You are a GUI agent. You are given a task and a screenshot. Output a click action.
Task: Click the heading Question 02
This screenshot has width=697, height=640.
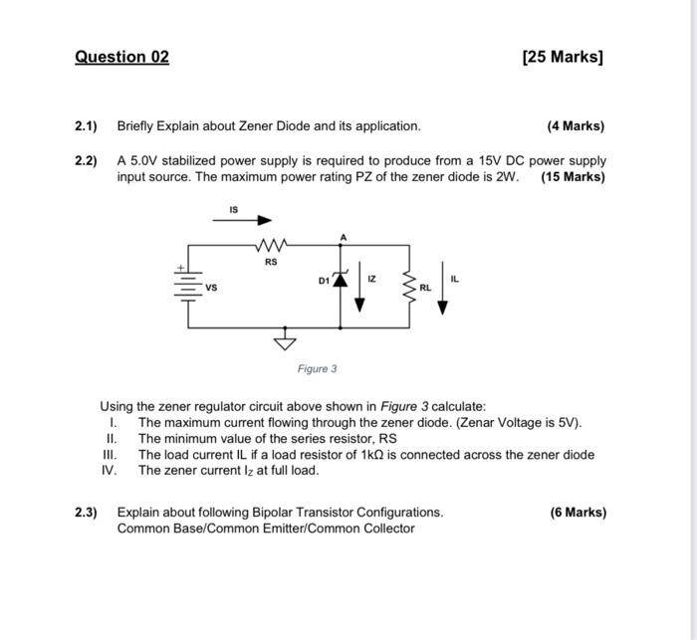pyautogui.click(x=121, y=57)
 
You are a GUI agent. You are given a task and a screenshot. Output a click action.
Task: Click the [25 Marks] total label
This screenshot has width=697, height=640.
pyautogui.click(x=563, y=57)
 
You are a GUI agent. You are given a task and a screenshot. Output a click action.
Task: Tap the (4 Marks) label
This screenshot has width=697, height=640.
pyautogui.click(x=576, y=126)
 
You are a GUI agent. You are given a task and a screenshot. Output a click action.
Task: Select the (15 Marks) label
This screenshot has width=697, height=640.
pyautogui.click(x=573, y=177)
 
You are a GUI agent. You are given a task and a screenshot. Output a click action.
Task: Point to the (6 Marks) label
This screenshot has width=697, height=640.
pyautogui.click(x=578, y=513)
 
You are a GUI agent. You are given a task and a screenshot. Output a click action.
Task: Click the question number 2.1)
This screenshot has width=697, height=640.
pyautogui.click(x=87, y=126)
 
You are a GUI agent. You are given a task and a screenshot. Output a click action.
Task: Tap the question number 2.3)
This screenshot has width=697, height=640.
pyautogui.click(x=87, y=513)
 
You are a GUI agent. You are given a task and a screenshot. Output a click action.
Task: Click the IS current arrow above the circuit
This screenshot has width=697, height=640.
pyautogui.click(x=248, y=221)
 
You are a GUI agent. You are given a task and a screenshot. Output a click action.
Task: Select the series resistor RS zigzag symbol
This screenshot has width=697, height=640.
pyautogui.click(x=271, y=245)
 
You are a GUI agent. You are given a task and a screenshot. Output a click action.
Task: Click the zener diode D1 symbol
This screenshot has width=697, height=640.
pyautogui.click(x=342, y=282)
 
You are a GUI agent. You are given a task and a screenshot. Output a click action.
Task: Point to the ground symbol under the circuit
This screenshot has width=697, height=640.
pyautogui.click(x=286, y=341)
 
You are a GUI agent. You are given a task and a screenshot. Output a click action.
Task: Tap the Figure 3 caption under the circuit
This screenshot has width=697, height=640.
pyautogui.click(x=317, y=369)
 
